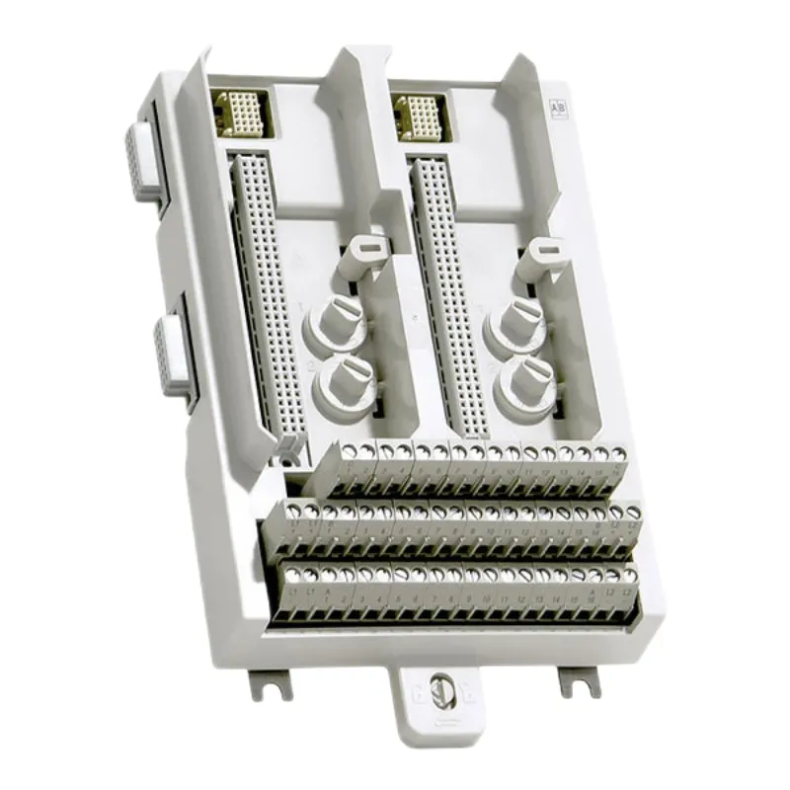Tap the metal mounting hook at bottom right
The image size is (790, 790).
pos(581,680)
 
